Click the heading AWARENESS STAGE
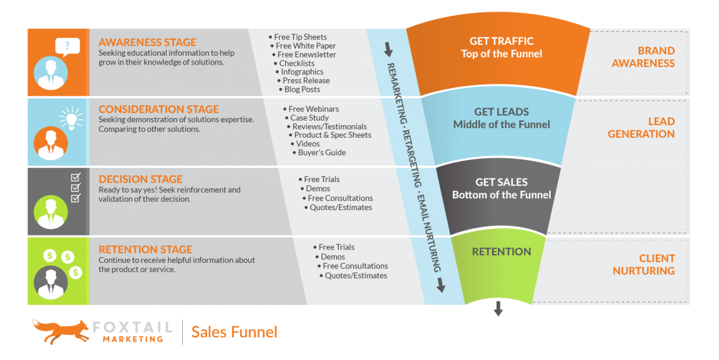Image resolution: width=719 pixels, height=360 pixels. pos(147,43)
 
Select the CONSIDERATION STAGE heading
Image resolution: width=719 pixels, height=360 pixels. pos(159,110)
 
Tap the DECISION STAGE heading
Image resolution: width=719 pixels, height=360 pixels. pos(140,179)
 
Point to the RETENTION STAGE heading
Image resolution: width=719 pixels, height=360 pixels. pos(146,250)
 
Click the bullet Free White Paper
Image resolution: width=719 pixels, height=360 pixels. pos(306,46)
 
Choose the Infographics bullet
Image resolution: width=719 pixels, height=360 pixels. pos(302,72)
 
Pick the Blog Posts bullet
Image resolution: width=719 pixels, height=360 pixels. pos(302,89)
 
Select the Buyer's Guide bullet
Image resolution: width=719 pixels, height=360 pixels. pos(322,153)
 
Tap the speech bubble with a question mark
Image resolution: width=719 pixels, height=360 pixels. pos(67,46)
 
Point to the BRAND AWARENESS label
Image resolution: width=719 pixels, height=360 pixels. pos(643,57)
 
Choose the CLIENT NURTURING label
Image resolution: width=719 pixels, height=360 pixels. pos(644,265)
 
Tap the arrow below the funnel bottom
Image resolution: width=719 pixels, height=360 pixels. pos(498,309)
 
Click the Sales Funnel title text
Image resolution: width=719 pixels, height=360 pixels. pos(234,331)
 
